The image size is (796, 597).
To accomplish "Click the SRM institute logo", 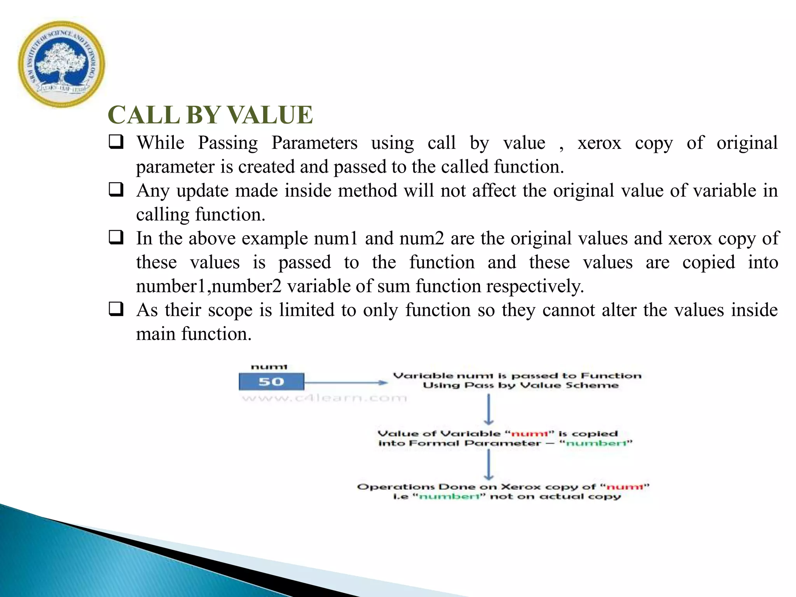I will coord(61,65).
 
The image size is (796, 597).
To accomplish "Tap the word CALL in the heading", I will coord(144,115).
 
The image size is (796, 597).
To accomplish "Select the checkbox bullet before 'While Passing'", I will coord(116,142).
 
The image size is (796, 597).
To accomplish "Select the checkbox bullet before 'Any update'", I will coord(116,190).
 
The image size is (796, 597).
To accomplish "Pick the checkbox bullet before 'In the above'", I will coord(116,237).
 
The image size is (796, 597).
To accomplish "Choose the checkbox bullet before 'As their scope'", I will coord(116,309).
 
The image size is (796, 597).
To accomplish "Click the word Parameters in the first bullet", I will coord(314,143).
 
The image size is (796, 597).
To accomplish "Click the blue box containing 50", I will coord(271,382).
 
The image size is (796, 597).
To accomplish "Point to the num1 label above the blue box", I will coord(269,367).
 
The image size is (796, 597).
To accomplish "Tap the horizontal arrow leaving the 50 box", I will coord(346,383).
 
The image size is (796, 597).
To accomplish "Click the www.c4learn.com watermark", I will coord(324,398).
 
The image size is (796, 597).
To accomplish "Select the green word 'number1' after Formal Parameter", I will coord(596,443).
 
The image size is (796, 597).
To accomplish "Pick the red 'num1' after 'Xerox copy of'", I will coord(625,487).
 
